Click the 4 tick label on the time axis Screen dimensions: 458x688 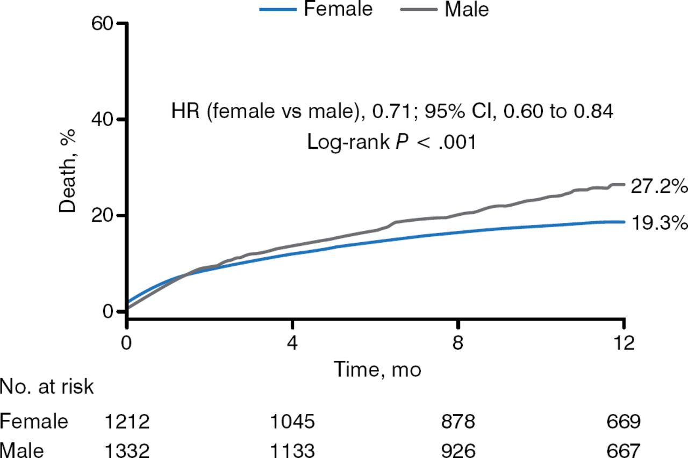tap(292, 342)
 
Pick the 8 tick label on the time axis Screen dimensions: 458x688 tap(457, 342)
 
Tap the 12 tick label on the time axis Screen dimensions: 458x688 tap(623, 342)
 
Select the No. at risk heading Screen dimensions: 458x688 tap(47, 387)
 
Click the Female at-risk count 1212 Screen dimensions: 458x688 tap(127, 422)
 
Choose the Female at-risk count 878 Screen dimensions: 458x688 tap(457, 422)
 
